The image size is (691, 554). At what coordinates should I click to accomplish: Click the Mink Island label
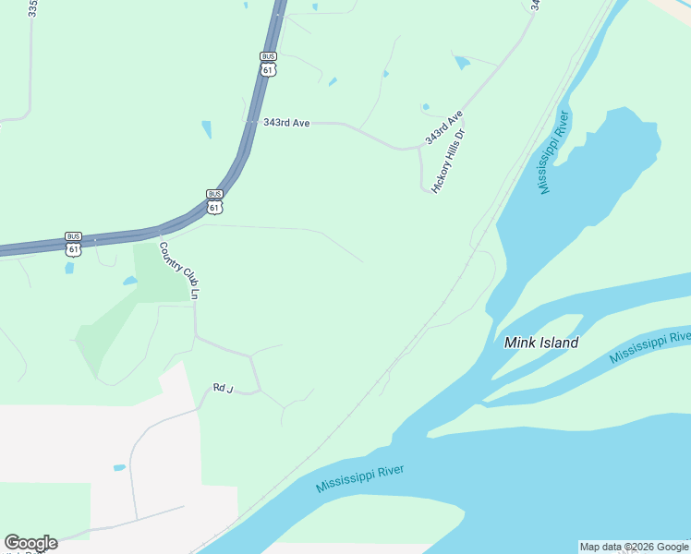coord(541,343)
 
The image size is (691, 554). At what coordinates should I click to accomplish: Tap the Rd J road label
coord(220,389)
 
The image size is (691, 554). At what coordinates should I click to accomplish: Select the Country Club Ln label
coord(180,270)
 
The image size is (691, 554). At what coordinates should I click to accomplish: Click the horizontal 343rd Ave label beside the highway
coord(285,122)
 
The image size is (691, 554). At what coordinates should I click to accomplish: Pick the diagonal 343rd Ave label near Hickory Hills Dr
coord(442,126)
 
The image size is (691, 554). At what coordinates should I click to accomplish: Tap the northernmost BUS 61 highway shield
coord(268,63)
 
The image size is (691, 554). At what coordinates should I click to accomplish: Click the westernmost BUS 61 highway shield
coord(74,243)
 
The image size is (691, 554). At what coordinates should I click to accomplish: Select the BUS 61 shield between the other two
coord(214,201)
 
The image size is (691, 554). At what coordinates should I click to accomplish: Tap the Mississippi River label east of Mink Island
coord(650,346)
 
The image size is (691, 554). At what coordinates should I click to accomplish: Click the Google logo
coord(30,543)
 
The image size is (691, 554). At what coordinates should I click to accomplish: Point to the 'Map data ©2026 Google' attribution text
coord(635,547)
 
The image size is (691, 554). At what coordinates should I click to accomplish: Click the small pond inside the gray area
coord(119,467)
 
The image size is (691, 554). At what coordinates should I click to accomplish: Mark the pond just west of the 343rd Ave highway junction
coord(206,129)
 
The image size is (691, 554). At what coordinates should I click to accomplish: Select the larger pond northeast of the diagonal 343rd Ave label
coord(462,63)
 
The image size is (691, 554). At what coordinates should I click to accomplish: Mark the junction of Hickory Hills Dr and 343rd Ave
coord(420,148)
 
